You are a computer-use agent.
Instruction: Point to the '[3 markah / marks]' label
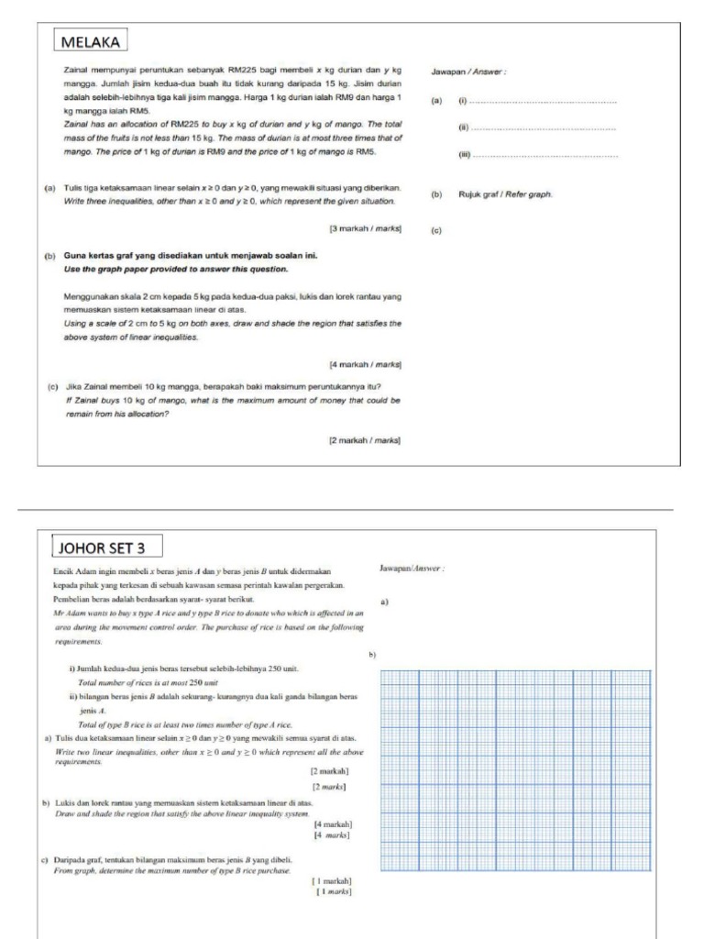[x=366, y=227]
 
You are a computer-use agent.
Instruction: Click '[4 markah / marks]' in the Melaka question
[x=366, y=365]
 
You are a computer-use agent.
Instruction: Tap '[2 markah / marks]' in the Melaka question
[x=366, y=441]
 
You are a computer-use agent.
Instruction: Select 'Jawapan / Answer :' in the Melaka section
[x=467, y=71]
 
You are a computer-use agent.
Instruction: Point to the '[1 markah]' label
[x=333, y=880]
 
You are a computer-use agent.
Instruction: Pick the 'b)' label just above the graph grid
[x=373, y=654]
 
